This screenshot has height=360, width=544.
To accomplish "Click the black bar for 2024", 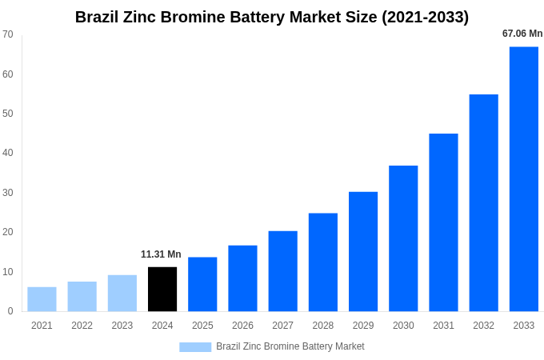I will (162, 289).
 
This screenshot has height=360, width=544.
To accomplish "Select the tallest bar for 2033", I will (523, 179).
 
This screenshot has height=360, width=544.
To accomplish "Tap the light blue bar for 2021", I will (42, 299).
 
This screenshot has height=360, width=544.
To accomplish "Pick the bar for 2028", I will (322, 262).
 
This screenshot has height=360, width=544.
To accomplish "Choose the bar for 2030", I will (403, 238).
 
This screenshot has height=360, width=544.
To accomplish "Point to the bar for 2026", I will (242, 278).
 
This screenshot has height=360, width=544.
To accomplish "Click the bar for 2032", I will (483, 203).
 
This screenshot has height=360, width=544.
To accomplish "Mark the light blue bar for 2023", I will (122, 293).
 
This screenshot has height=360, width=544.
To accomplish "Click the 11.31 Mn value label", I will (161, 254).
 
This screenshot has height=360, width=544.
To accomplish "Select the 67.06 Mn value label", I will (522, 34).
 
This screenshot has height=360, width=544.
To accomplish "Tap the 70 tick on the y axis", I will (8, 34).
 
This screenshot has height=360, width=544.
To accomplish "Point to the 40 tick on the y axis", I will (8, 153).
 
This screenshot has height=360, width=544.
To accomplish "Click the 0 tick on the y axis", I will (10, 311).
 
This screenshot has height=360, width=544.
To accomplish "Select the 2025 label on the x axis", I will (202, 326).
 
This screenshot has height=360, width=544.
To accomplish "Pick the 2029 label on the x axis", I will (363, 326).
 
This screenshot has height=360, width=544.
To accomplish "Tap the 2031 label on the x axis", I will (443, 326).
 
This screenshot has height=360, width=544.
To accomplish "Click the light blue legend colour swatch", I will (195, 347).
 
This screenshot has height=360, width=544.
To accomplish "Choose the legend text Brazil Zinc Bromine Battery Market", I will (290, 346).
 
